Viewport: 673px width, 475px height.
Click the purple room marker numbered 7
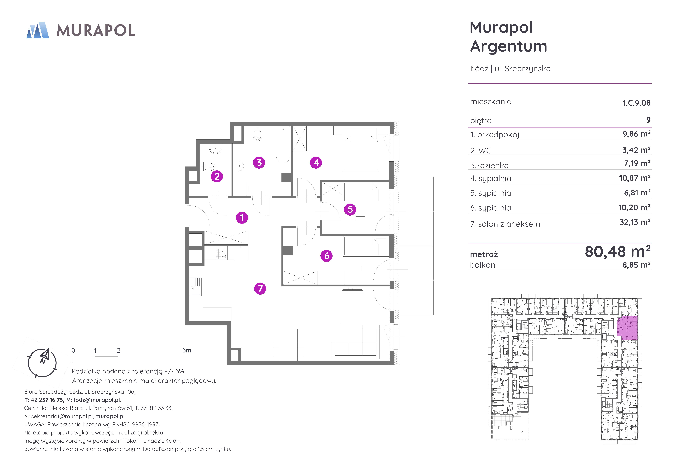coord(260,288)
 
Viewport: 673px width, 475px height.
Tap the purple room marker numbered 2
coord(217,176)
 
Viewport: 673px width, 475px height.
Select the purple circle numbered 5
coord(350,209)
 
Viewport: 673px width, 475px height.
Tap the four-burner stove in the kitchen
coord(221,254)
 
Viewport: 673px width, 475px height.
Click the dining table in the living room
coord(288,344)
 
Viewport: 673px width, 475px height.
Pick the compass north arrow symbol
coord(45,356)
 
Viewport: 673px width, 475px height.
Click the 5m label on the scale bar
coord(187,350)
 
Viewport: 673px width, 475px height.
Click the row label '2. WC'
coord(481,151)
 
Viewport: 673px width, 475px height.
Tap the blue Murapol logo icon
coord(38,30)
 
